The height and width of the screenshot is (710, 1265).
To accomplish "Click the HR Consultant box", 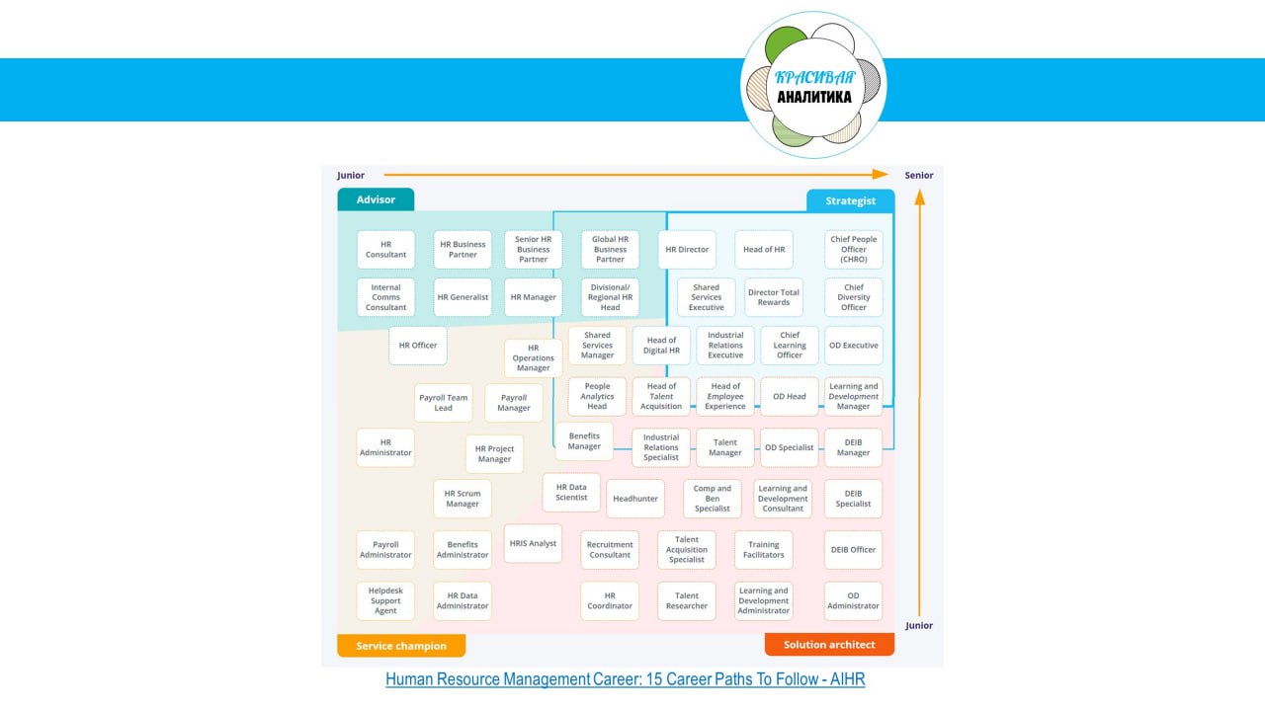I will pos(385,250).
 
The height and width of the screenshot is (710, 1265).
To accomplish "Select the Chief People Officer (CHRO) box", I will pos(853,250).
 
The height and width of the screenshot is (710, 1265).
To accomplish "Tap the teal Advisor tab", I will pos(376,199).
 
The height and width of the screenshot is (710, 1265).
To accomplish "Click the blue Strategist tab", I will pos(850,200).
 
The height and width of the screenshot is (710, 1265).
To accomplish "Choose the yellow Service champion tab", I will pos(401,646).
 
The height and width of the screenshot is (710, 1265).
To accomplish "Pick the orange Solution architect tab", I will pos(829,645).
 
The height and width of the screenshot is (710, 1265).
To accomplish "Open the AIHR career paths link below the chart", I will pos(625,679).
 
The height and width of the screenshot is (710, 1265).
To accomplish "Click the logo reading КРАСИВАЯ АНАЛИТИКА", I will pos(813,86).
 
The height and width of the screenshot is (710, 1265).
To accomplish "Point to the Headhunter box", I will pos(634,499).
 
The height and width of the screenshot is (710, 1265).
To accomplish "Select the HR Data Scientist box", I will pos(571,492).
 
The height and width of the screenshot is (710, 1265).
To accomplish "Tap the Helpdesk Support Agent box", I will pos(385,600).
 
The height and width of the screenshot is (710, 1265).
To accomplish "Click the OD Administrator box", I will pos(853,600).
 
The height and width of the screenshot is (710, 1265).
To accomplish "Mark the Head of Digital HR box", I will pos(661,346).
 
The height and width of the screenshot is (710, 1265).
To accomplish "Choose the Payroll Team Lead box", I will pos(443,403).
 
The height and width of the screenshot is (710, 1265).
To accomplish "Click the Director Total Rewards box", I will pos(773,297).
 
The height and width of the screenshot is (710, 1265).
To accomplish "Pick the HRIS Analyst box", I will pos(533,543).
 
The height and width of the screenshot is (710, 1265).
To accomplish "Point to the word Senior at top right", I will pos(918,176).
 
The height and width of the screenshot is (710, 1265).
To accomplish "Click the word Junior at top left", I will pos(351,176).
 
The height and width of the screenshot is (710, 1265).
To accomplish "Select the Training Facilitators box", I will pos(763,550).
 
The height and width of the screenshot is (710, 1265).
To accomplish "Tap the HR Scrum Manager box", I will pos(462,499).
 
